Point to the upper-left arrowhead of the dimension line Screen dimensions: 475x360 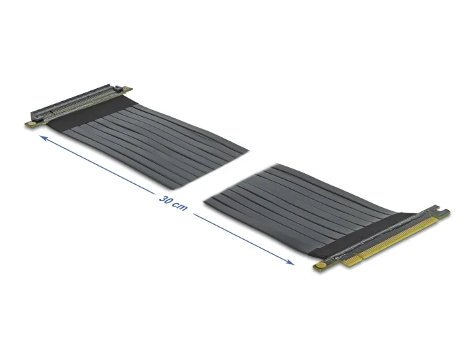coord(45,138)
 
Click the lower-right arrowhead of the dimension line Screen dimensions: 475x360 coord(289,262)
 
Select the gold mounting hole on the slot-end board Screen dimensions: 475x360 coord(30,123)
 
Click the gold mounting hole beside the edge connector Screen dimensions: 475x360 coord(320,266)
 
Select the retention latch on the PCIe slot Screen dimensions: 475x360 coord(119,89)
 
